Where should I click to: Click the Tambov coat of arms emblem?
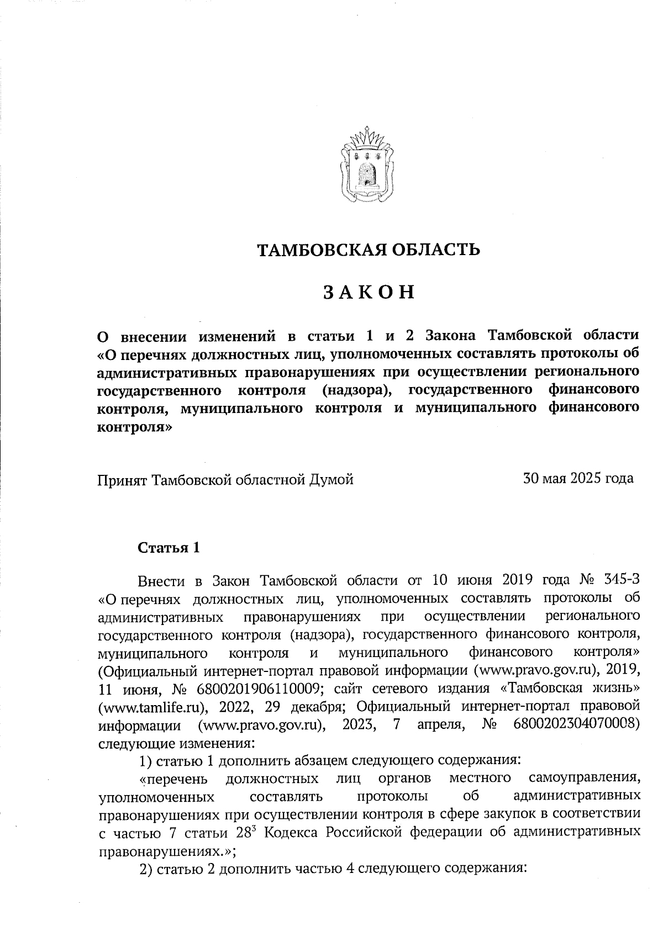click(367, 167)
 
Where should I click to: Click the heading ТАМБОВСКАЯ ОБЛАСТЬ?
click(369, 250)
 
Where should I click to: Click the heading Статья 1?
click(168, 548)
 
